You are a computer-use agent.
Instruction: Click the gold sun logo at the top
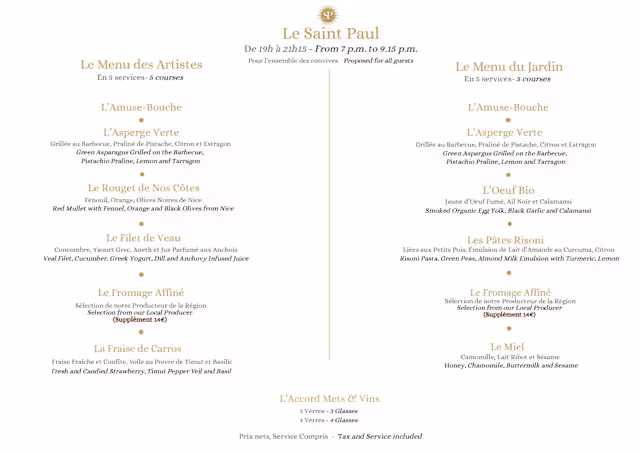[x=328, y=15]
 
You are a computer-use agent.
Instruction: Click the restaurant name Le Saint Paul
[x=329, y=35]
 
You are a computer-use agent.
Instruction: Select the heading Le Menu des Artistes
[x=141, y=65]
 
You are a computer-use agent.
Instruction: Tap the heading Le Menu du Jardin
[x=509, y=67]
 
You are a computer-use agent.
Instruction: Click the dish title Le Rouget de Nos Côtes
[x=143, y=188]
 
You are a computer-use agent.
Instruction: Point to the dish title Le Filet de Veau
[x=143, y=238]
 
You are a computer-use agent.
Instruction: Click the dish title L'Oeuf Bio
[x=508, y=190]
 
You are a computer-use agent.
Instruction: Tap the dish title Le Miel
[x=509, y=346]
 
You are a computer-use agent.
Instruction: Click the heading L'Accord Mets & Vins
[x=329, y=398]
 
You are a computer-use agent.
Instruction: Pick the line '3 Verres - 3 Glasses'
[x=329, y=411]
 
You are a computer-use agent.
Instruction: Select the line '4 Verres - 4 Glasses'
[x=329, y=420]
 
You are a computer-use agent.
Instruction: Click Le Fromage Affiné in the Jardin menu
[x=509, y=292]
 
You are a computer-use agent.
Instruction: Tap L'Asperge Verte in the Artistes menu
[x=141, y=132]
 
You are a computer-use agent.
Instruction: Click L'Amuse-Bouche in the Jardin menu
[x=508, y=107]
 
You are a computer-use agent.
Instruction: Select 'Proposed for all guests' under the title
[x=378, y=61]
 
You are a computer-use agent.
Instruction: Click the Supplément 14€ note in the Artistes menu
[x=140, y=320]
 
